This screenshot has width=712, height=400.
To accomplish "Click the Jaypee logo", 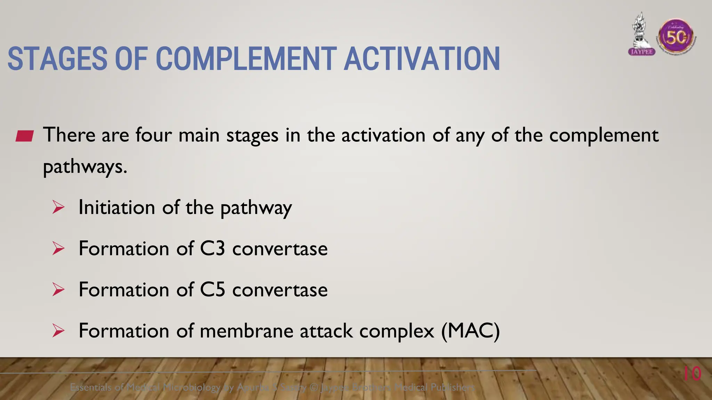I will pyautogui.click(x=642, y=35).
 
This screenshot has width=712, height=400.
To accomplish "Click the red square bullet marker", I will pyautogui.click(x=24, y=136).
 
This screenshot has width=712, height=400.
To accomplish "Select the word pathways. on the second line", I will pyautogui.click(x=85, y=167).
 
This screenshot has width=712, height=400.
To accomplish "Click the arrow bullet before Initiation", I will pyautogui.click(x=58, y=207).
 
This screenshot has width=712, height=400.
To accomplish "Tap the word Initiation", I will pyautogui.click(x=116, y=207).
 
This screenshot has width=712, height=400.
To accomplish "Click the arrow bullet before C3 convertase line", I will pyautogui.click(x=58, y=249).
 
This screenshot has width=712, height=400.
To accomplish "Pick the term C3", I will pyautogui.click(x=212, y=249).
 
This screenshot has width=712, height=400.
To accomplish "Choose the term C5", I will pyautogui.click(x=212, y=290).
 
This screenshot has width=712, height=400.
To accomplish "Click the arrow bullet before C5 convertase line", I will pyautogui.click(x=58, y=290).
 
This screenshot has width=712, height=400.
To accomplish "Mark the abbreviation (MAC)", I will pyautogui.click(x=470, y=331).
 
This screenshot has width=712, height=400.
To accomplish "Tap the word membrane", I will pyautogui.click(x=246, y=331).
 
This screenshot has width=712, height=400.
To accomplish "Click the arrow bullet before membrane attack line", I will pyautogui.click(x=58, y=331).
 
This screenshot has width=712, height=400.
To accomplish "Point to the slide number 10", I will pyautogui.click(x=692, y=374).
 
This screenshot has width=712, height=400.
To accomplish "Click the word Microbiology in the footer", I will pyautogui.click(x=192, y=387).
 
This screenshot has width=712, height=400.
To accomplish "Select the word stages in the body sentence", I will pyautogui.click(x=252, y=135).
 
